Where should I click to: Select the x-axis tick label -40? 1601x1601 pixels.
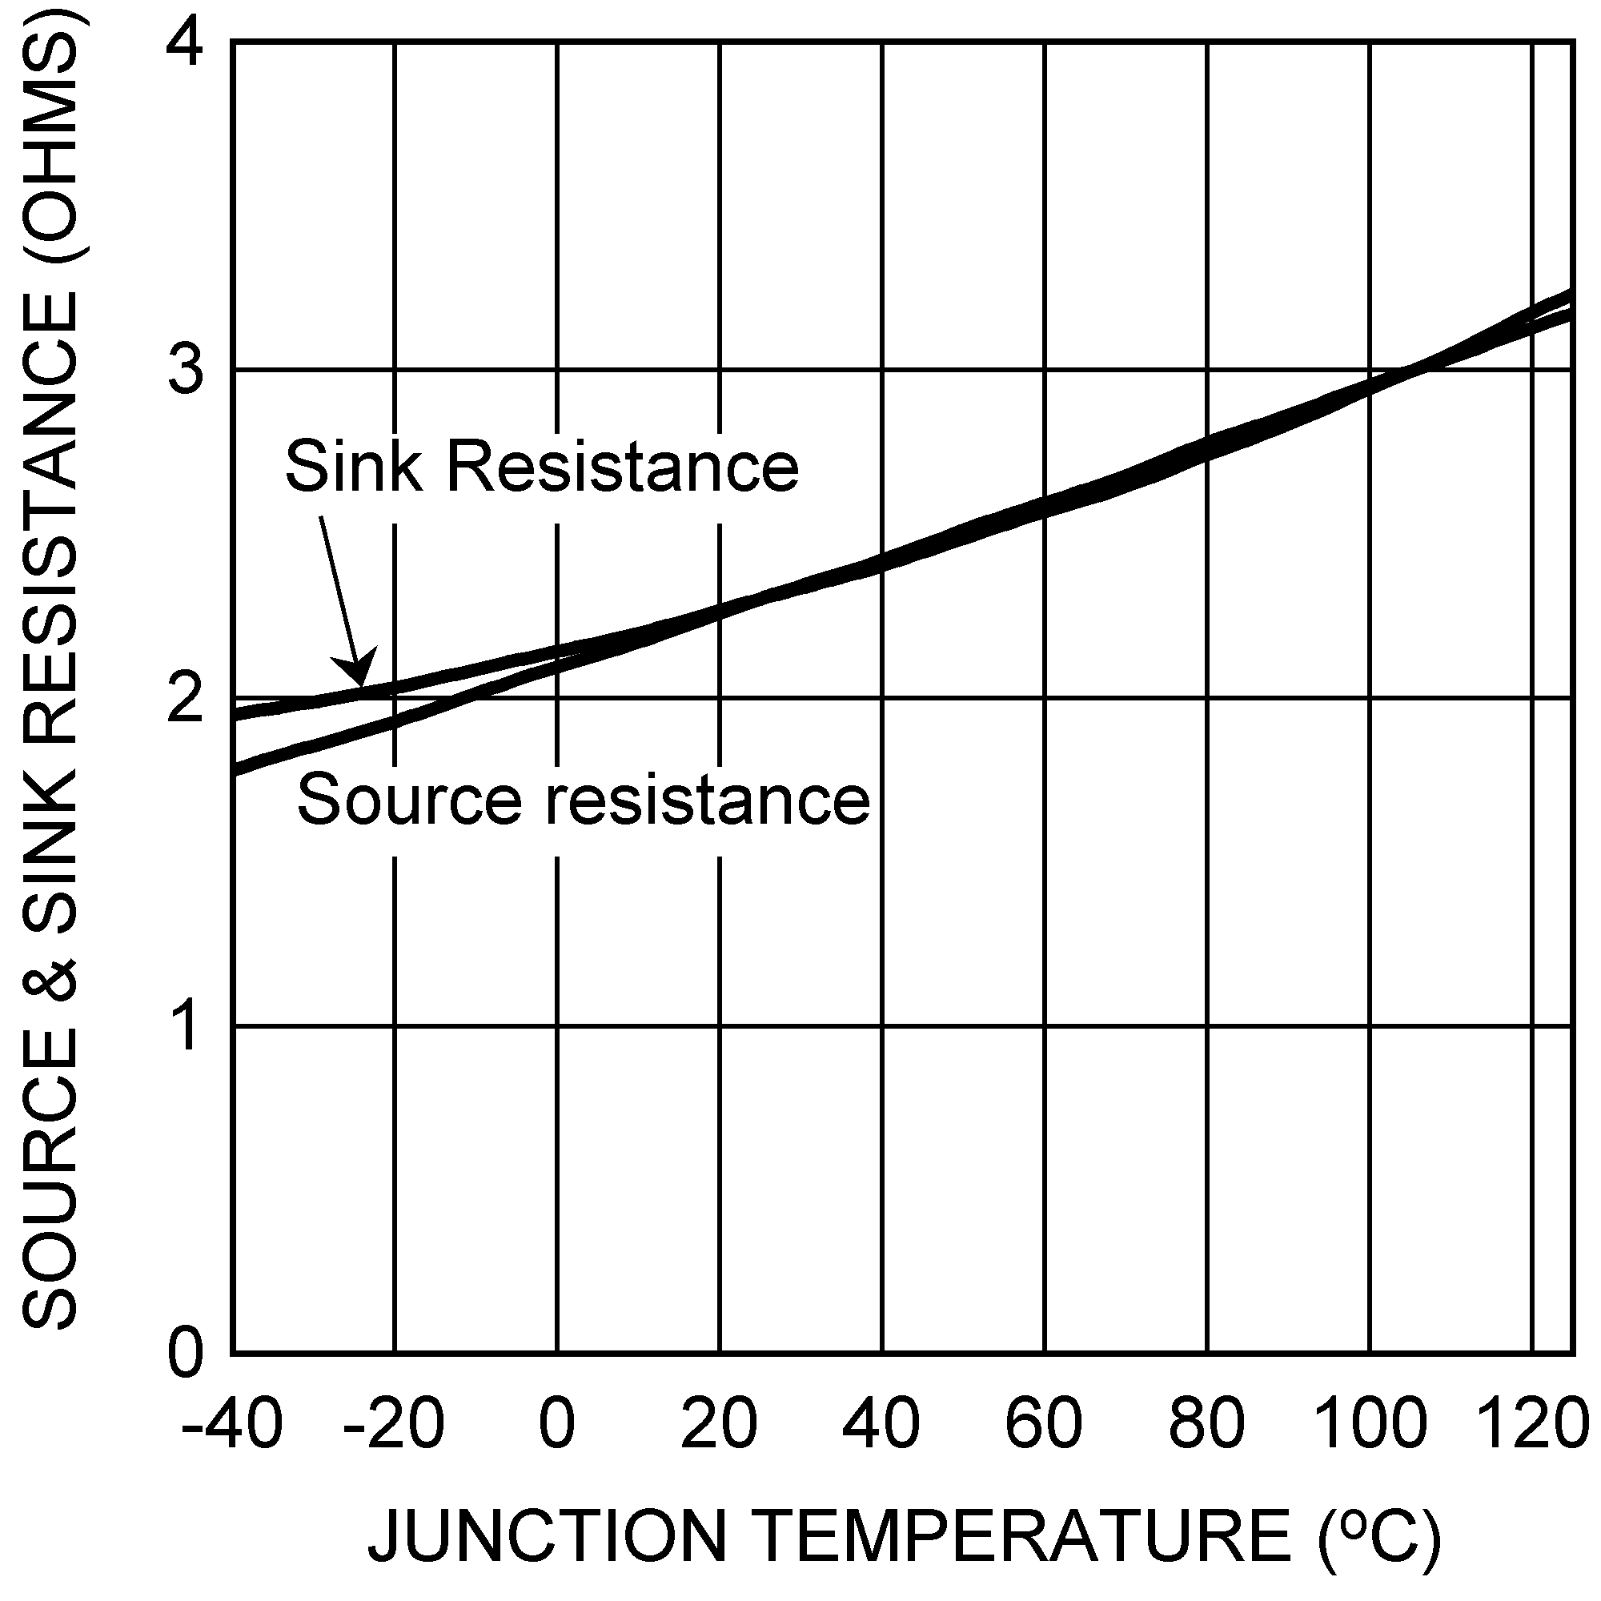pyautogui.click(x=231, y=1423)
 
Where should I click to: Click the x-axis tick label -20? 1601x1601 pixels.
pyautogui.click(x=394, y=1423)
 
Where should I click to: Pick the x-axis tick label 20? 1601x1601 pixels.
pyautogui.click(x=720, y=1423)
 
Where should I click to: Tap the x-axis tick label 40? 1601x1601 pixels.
pyautogui.click(x=881, y=1423)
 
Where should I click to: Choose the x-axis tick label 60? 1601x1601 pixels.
pyautogui.click(x=1044, y=1423)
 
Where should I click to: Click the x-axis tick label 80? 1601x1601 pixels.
pyautogui.click(x=1206, y=1423)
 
